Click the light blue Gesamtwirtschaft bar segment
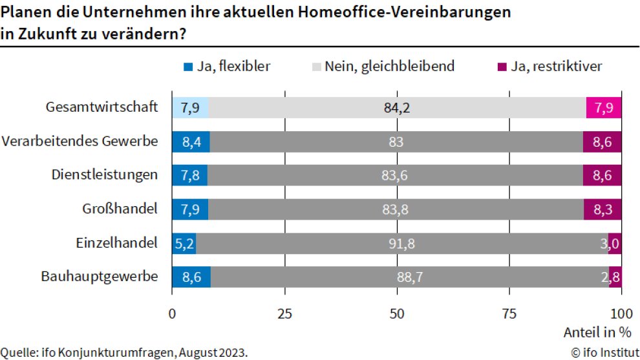[190, 107]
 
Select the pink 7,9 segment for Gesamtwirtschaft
[603, 107]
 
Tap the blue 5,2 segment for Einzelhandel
[184, 243]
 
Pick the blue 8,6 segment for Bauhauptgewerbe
[191, 277]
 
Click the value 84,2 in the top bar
[397, 107]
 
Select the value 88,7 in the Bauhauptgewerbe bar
[410, 277]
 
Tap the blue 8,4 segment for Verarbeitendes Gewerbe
[191, 142]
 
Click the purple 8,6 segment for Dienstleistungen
[602, 175]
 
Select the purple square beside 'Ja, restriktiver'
[501, 67]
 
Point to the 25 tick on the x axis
[284, 313]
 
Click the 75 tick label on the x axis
[509, 313]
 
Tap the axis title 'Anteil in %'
[597, 333]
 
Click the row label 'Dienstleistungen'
[103, 175]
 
